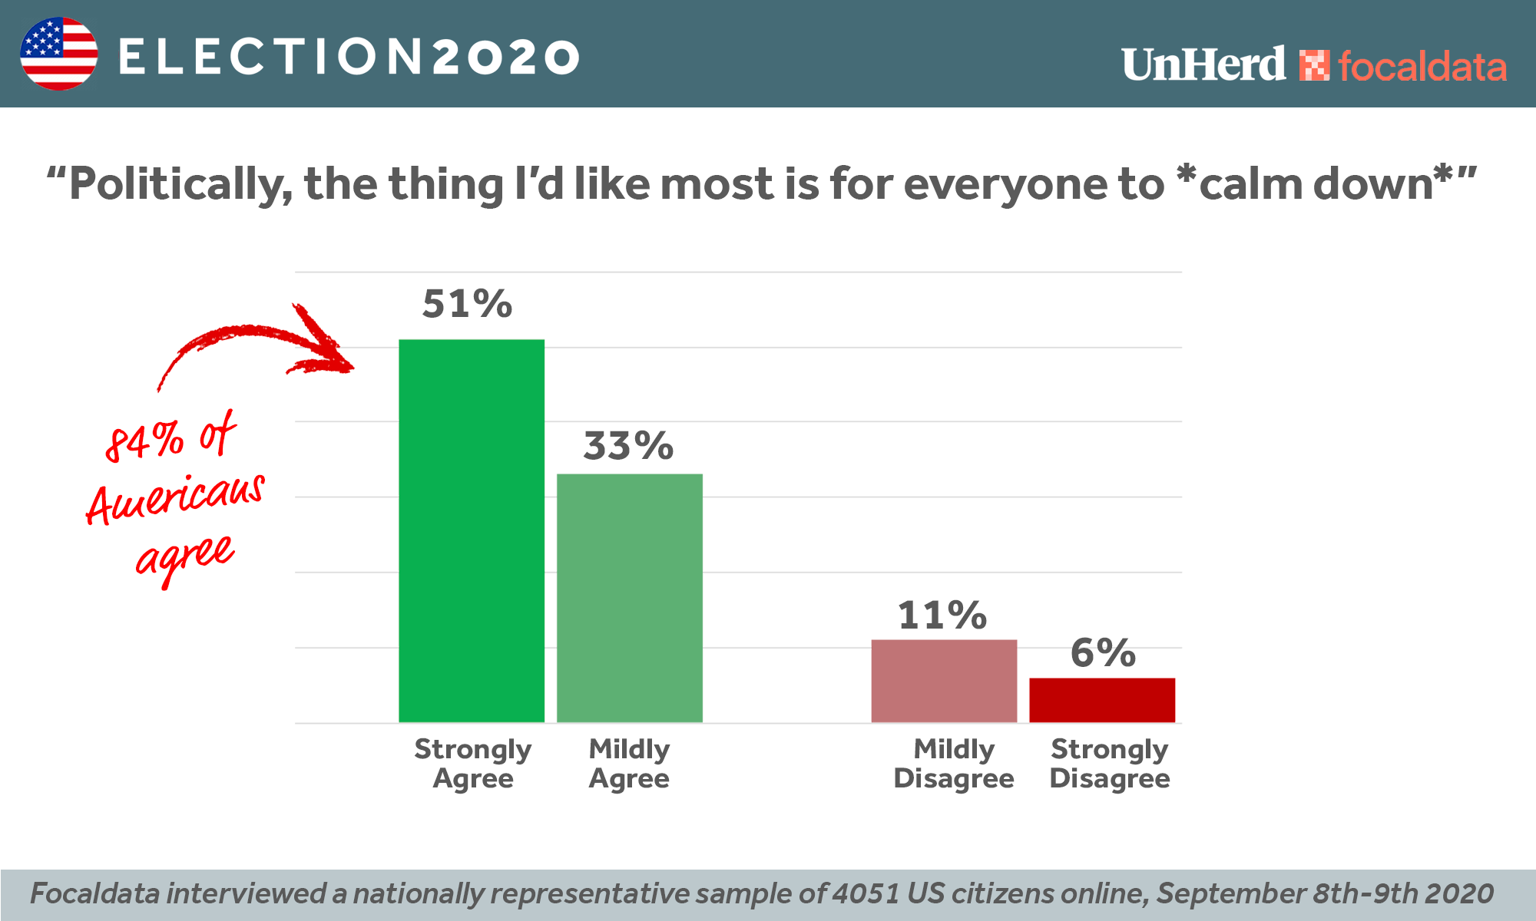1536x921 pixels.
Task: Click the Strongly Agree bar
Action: point(472,530)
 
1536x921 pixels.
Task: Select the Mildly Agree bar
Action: point(630,598)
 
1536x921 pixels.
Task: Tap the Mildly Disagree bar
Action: point(944,681)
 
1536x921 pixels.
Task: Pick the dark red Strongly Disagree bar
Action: point(1102,700)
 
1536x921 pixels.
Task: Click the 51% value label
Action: point(467,304)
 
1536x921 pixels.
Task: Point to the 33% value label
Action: point(628,446)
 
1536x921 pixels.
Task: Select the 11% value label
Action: point(942,616)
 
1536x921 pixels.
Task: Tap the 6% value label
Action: point(1103,653)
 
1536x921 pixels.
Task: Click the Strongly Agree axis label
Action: point(472,764)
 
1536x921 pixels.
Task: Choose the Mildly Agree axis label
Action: point(629,764)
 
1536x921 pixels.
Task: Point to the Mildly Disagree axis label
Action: point(954,764)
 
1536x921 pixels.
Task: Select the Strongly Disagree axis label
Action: point(1110,764)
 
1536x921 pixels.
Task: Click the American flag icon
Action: point(59,54)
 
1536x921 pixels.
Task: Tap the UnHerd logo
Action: point(1203,64)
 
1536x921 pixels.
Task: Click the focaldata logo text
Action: point(1422,67)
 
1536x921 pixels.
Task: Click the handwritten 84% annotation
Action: point(145,441)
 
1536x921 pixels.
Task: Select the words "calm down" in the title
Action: point(1316,184)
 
